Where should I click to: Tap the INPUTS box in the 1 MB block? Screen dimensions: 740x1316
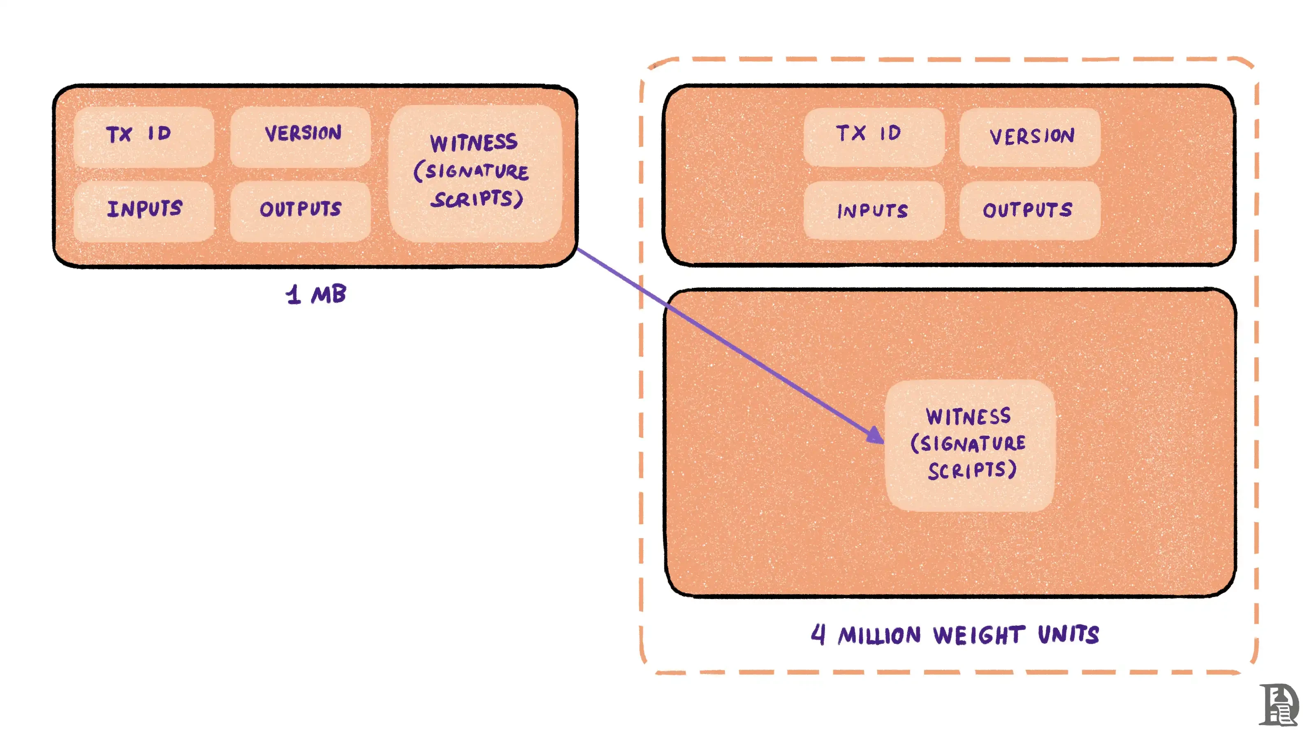(144, 210)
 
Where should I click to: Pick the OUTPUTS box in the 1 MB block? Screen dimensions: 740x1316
(300, 210)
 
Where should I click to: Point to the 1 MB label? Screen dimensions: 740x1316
(316, 295)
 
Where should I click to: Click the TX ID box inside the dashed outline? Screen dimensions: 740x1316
(873, 136)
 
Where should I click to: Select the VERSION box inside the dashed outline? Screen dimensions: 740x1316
(1029, 136)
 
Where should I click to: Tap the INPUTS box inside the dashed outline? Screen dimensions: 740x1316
(873, 210)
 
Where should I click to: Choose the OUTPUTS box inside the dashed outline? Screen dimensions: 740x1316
(1029, 210)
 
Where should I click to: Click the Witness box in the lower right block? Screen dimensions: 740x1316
(970, 444)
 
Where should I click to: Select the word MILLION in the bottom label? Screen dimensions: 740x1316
(879, 635)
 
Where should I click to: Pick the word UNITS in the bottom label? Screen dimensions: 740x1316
(1068, 634)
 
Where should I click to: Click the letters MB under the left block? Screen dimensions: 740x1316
(329, 295)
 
